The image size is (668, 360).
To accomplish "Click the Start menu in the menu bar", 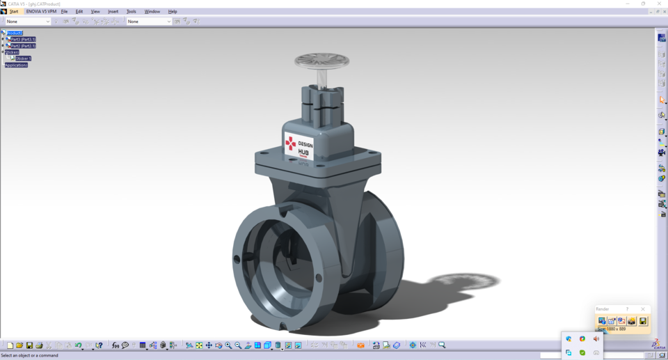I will (x=14, y=12).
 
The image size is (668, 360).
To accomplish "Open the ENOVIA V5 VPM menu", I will (x=41, y=12).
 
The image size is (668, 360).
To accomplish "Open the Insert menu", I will (x=113, y=12).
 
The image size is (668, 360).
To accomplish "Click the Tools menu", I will (x=131, y=12).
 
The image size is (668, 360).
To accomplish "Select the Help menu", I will (x=173, y=12).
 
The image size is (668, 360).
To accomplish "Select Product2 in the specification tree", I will (x=15, y=33).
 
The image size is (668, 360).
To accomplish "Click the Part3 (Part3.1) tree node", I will (x=23, y=40).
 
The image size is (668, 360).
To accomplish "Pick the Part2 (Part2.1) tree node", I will (x=23, y=46).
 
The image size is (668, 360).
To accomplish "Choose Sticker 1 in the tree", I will (x=24, y=58).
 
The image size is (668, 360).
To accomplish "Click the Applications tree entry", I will (x=16, y=65).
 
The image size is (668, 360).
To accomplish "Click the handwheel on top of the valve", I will (x=321, y=61).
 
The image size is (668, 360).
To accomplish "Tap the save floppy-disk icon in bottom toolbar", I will (x=29, y=345).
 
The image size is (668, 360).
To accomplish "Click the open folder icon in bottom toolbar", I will (x=19, y=345).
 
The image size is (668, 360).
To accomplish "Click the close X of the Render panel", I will (x=643, y=309).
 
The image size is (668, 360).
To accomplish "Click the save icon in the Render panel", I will (x=643, y=321).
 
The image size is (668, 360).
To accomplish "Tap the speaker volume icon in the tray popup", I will (x=596, y=339).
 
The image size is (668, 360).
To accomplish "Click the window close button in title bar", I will (x=659, y=3).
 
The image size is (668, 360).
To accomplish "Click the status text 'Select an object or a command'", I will (x=30, y=356).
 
